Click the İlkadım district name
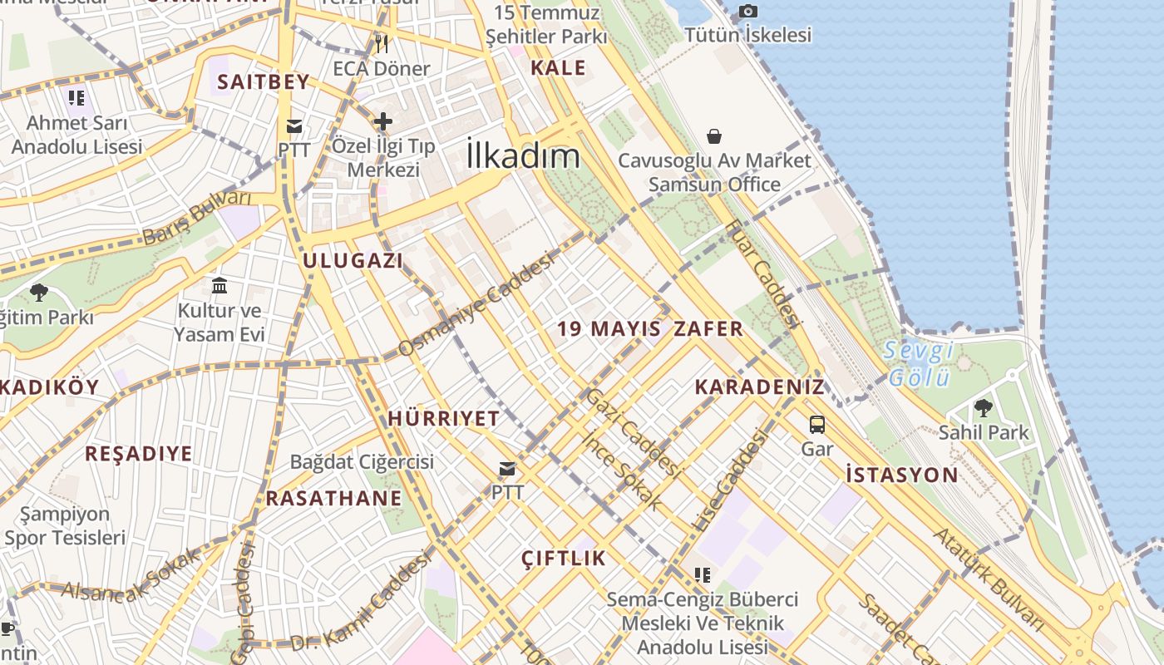tap(523, 156)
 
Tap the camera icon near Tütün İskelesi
tap(748, 11)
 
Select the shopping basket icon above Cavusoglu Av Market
tap(714, 135)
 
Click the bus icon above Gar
tap(817, 425)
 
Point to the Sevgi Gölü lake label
tap(919, 364)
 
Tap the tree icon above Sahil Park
tap(984, 407)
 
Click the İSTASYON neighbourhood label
tap(902, 475)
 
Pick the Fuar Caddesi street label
tap(762, 273)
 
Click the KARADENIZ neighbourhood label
tap(760, 387)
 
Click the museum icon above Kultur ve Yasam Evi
tap(219, 286)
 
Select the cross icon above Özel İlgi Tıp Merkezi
tap(382, 121)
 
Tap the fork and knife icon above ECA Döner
tap(382, 43)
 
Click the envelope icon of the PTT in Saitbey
tap(294, 126)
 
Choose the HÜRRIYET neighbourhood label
tap(444, 419)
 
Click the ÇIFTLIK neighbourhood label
tap(564, 559)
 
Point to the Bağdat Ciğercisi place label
tap(362, 461)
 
